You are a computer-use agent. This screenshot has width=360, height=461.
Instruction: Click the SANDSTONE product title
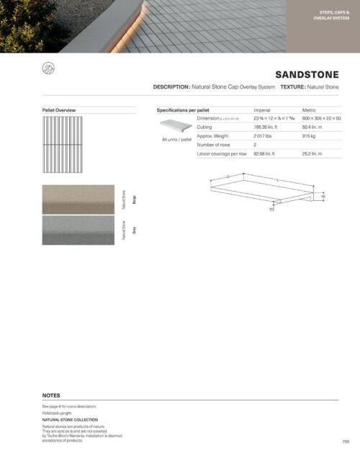(307, 74)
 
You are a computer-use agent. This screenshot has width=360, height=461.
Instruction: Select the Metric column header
(309, 110)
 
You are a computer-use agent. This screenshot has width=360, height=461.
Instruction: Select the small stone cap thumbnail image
(175, 125)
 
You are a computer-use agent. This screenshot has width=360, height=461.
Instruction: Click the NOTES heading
(51, 395)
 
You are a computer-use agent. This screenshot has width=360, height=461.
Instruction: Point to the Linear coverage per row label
(222, 154)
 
